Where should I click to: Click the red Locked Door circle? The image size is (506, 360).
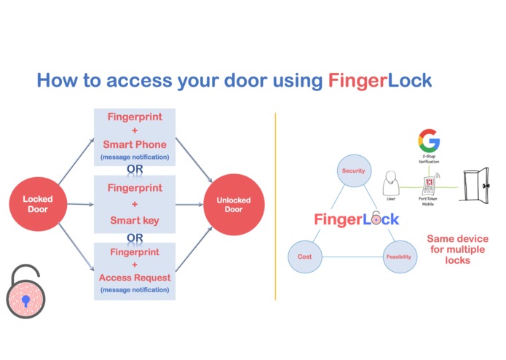pyautogui.click(x=38, y=204)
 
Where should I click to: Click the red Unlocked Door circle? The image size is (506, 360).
pyautogui.click(x=234, y=205)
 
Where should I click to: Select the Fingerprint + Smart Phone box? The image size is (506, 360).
pyautogui.click(x=135, y=137)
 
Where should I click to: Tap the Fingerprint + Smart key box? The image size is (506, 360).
pyautogui.click(x=135, y=203)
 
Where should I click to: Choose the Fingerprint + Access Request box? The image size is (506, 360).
pyautogui.click(x=135, y=270)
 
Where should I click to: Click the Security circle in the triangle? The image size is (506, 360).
pyautogui.click(x=353, y=171)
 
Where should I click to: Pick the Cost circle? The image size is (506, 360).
pyautogui.click(x=304, y=257)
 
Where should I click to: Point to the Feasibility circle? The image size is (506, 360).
pyautogui.click(x=399, y=257)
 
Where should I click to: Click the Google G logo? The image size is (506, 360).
pyautogui.click(x=429, y=141)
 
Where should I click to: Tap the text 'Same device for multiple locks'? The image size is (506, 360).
pyautogui.click(x=457, y=249)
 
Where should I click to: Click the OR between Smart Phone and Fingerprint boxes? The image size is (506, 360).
pyautogui.click(x=135, y=170)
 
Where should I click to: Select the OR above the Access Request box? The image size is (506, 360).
pyautogui.click(x=135, y=238)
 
